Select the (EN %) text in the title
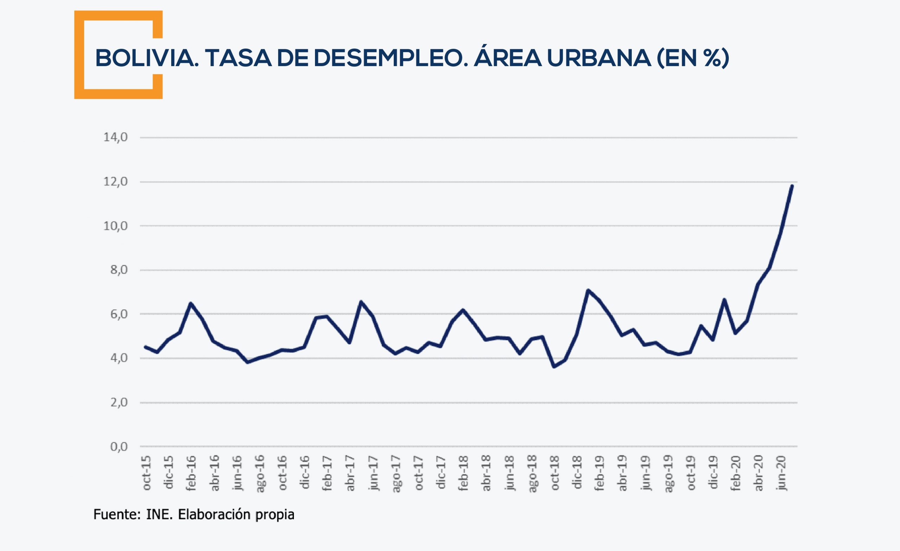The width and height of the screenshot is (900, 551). tap(693, 58)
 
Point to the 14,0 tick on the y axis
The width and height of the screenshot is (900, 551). tap(115, 138)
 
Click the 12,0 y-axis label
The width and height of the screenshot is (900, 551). tap(115, 182)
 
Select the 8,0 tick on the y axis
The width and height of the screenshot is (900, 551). tap(119, 270)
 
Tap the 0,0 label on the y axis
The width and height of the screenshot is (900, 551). tap(119, 446)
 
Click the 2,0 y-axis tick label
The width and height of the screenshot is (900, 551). tap(119, 402)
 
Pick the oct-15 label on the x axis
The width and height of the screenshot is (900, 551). tap(146, 473)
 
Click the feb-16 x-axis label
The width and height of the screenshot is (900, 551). tap(191, 473)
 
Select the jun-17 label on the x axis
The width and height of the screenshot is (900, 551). tap(373, 473)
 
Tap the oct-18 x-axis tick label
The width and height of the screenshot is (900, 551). tap(554, 473)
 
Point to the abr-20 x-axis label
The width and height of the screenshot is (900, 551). tap(759, 473)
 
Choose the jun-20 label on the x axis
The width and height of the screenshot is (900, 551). tap(781, 473)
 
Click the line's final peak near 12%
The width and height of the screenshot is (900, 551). tap(791, 186)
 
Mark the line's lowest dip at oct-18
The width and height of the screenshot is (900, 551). tap(554, 366)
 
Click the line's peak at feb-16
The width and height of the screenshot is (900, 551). tap(191, 303)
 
